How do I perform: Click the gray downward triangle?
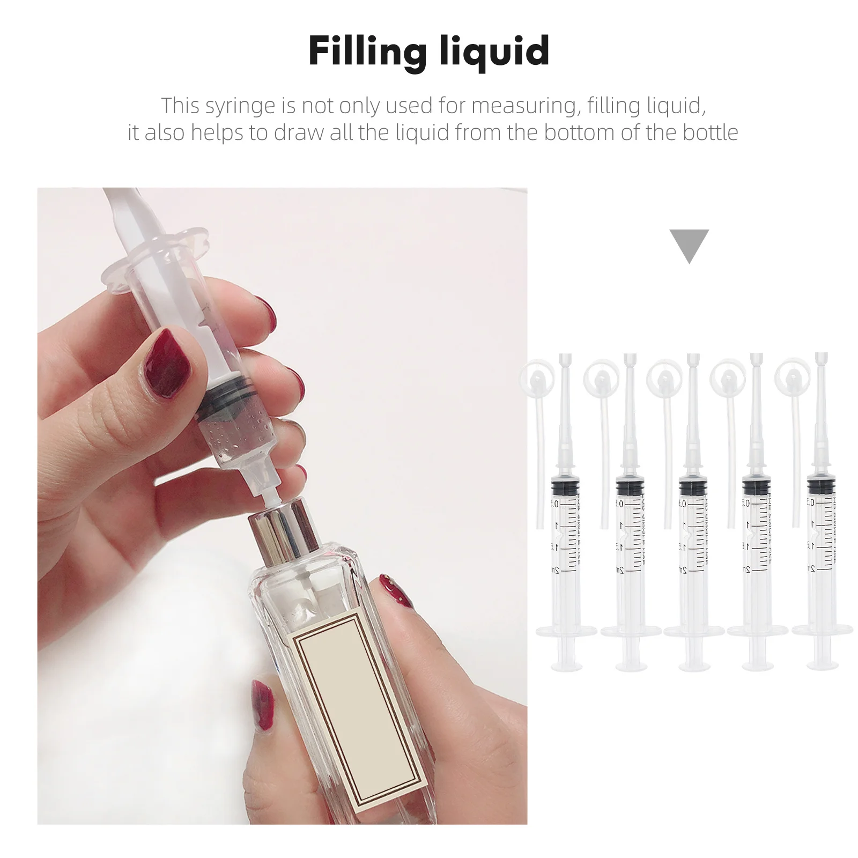689,244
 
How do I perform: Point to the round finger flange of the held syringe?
156,252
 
